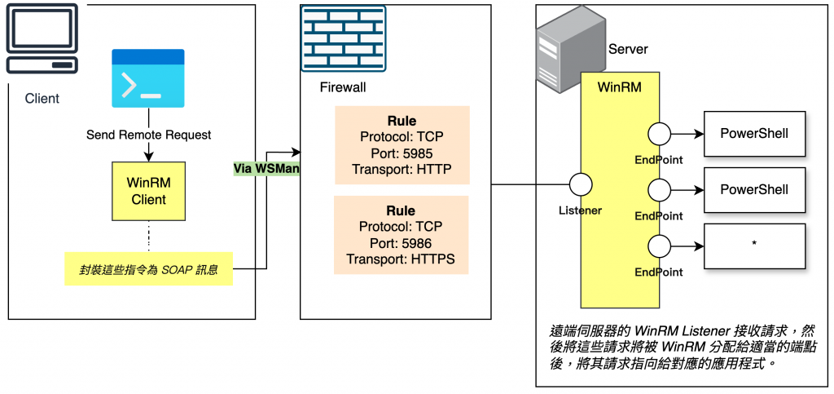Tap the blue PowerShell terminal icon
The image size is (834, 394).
148,78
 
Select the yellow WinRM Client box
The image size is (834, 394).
148,191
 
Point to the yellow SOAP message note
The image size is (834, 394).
148,268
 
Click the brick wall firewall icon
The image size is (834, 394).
343,38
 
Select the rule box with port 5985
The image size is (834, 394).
402,144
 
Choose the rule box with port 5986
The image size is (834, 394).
402,234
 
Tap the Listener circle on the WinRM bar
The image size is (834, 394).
580,184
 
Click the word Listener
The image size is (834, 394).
580,210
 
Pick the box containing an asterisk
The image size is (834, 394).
754,246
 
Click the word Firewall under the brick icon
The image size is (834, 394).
343,87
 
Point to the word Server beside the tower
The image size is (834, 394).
628,49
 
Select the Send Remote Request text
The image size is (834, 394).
148,135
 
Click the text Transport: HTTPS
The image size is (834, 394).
402,259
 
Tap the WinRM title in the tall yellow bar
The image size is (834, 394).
616,86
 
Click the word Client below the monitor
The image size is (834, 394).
42,99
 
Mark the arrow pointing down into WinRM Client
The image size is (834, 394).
148,153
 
